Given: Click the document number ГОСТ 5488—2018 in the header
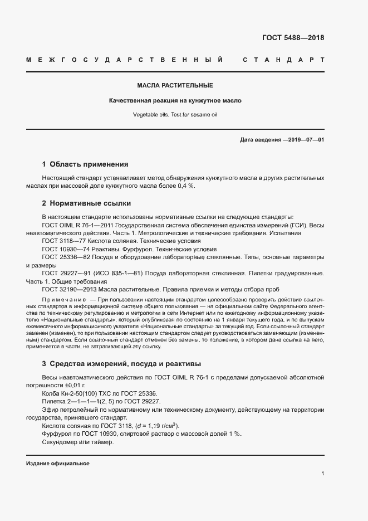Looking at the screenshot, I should click(x=293, y=38).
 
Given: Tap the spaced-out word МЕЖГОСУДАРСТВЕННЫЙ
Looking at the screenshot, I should click(x=125, y=60).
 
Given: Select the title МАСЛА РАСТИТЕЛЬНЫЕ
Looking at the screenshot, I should click(x=175, y=86).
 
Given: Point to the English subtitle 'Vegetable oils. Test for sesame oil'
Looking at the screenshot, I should click(x=175, y=115).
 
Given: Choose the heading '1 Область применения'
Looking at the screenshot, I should click(x=85, y=164).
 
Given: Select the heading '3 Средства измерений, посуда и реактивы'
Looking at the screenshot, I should click(x=121, y=364).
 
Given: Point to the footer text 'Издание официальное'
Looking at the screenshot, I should click(x=58, y=464).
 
